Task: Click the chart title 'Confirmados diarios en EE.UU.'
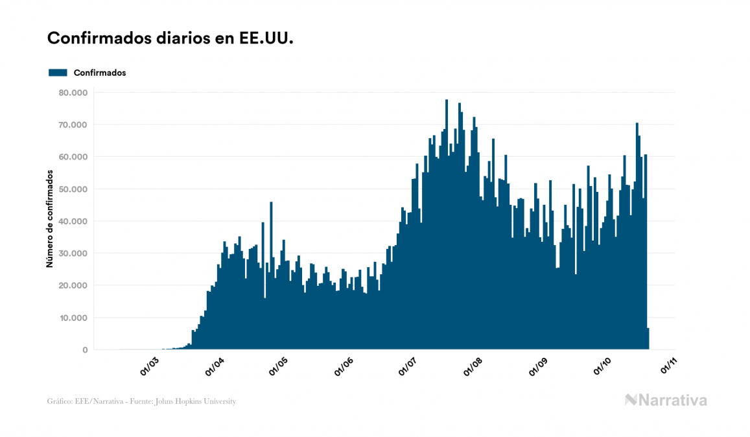(170, 38)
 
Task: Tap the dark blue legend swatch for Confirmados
(58, 73)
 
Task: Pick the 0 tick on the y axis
(84, 350)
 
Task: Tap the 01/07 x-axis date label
(410, 366)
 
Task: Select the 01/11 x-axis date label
(669, 366)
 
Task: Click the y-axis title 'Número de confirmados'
(49, 218)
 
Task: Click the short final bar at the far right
(648, 339)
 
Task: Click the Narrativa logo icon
(631, 400)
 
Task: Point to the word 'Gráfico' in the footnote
(59, 401)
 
